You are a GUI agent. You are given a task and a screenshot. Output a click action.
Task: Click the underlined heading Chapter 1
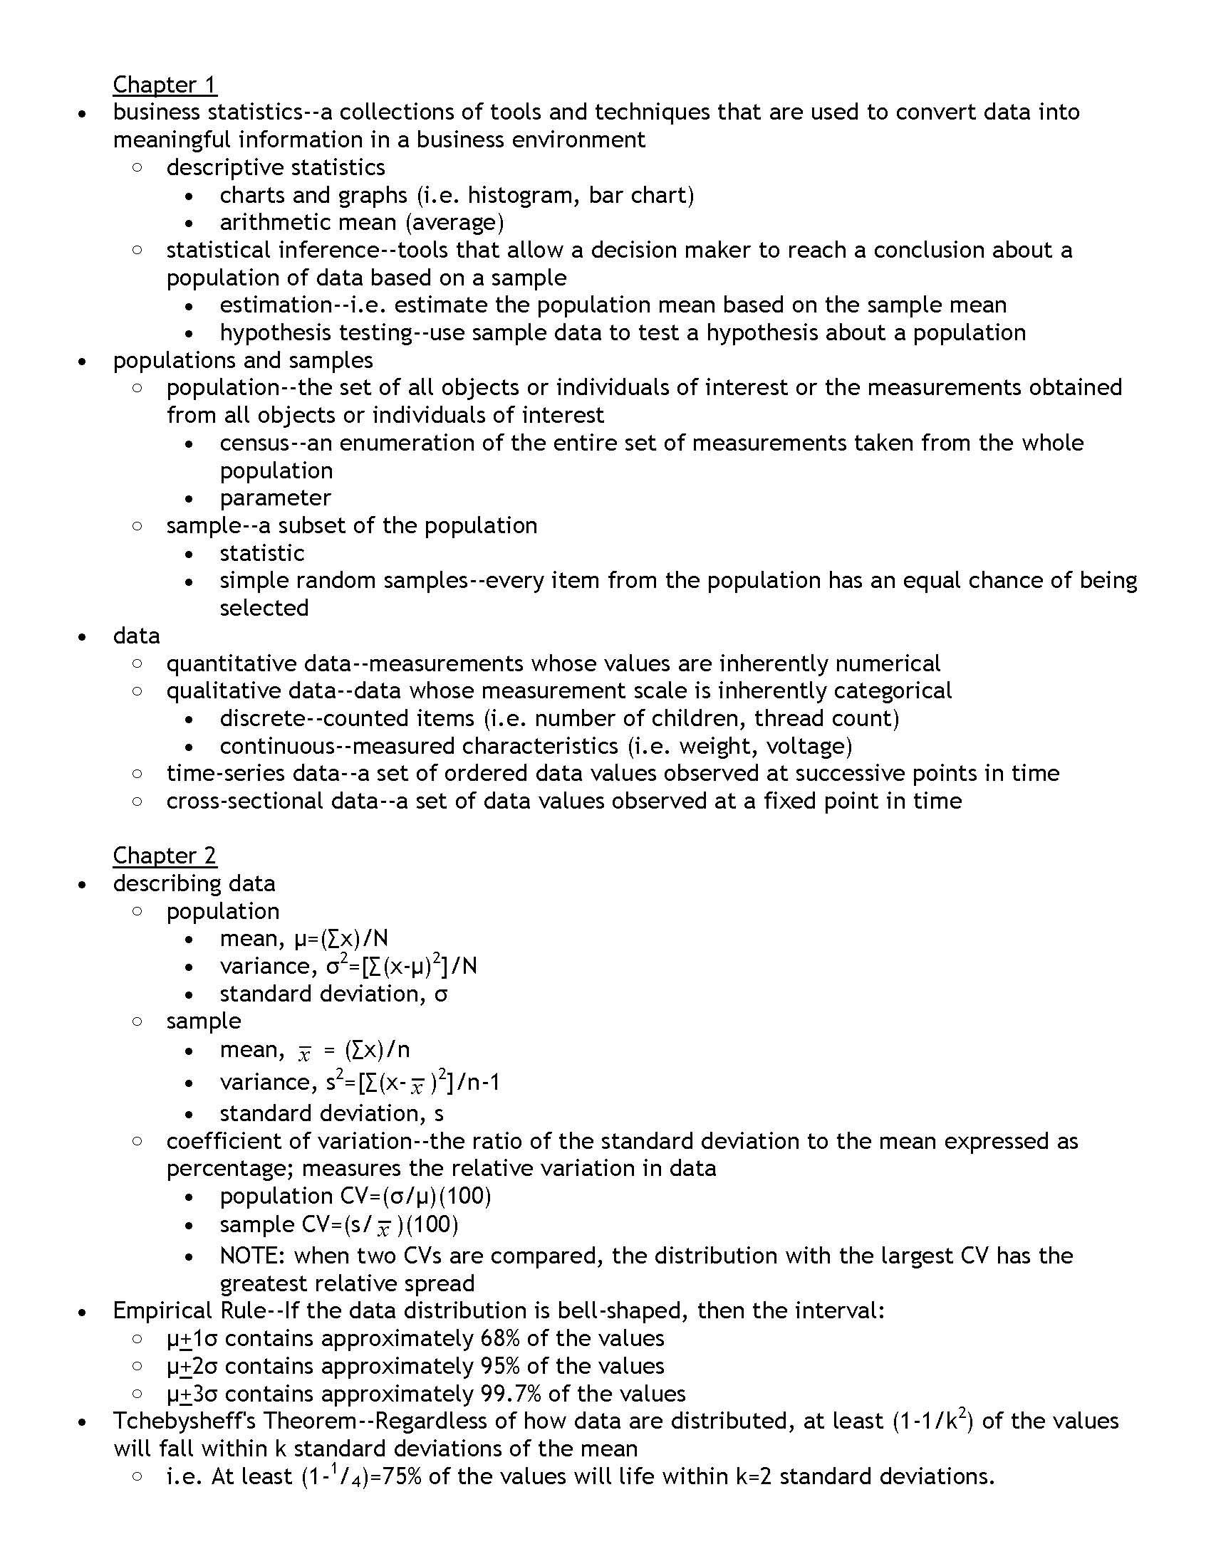(165, 85)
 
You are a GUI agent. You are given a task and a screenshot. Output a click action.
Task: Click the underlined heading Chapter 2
(165, 856)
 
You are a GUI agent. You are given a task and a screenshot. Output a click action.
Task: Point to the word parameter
(275, 498)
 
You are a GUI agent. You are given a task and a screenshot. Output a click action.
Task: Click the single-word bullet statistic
(262, 553)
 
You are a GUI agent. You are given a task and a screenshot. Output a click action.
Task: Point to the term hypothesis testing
(316, 332)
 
